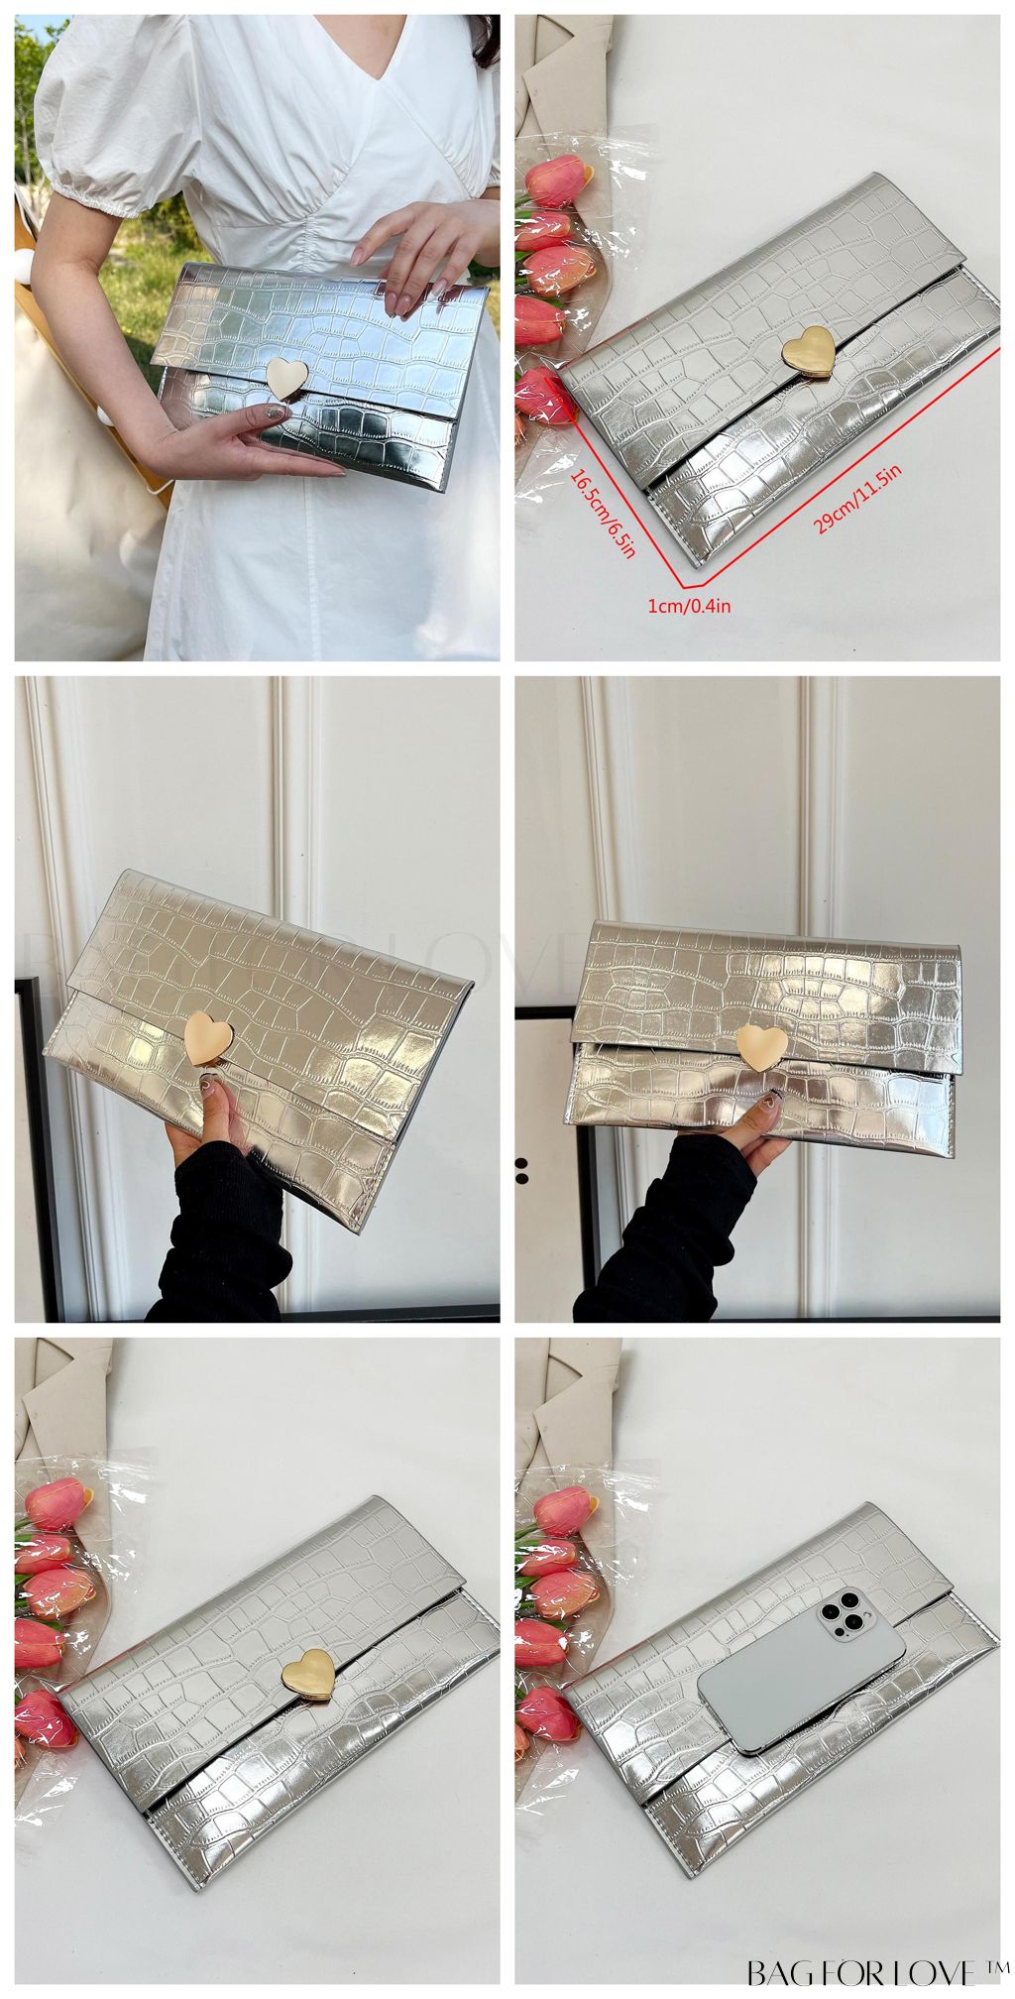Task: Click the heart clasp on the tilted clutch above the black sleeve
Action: [209, 1037]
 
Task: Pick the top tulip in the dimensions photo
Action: [559, 183]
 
